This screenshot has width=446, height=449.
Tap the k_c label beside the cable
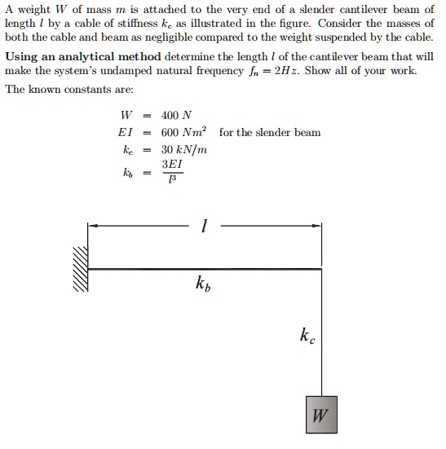305,336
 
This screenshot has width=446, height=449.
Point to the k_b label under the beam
203,284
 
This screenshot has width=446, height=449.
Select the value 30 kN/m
184,149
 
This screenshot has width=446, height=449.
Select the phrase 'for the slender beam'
270,132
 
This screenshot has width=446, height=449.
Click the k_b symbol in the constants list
126,173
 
